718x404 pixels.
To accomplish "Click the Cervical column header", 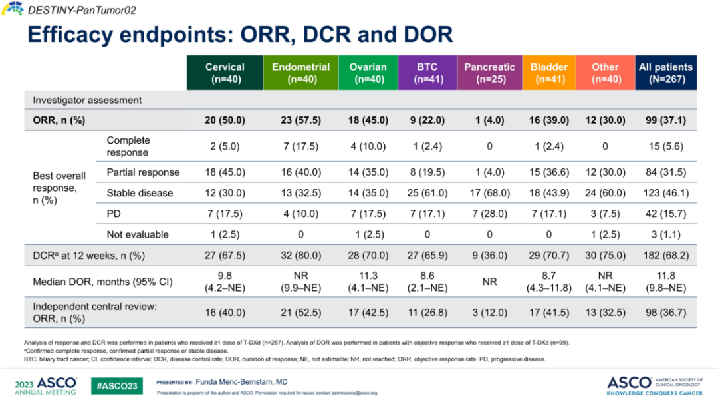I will (225, 73).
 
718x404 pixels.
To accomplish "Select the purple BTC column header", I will (427, 73).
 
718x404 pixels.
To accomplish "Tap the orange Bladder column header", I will (549, 73).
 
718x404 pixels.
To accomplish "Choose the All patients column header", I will (665, 73).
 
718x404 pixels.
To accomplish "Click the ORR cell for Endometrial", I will (300, 120).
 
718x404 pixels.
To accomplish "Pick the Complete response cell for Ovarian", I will (368, 146).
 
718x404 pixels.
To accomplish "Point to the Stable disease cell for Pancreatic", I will (489, 193).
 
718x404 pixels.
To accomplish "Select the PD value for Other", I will (605, 214).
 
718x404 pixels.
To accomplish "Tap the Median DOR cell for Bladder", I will (549, 282).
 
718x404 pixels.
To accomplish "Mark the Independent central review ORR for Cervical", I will (225, 313).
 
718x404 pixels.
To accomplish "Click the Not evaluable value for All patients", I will (665, 234).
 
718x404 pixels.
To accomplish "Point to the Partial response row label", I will (143, 172).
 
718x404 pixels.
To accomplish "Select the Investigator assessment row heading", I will (87, 100).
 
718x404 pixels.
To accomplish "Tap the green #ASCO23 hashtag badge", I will (116, 385).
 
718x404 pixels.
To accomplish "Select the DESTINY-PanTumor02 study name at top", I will (70, 9).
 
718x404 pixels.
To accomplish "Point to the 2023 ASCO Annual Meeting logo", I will (45, 385).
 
